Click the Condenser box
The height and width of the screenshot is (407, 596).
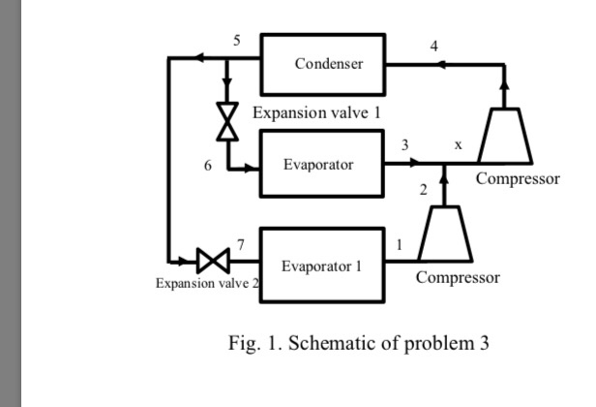[323, 64]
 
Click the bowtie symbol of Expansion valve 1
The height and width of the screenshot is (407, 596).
[228, 121]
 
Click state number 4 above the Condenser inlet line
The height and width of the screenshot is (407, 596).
[433, 46]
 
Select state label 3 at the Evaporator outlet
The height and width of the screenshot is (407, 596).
[405, 144]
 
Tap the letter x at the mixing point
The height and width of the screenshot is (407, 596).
[458, 144]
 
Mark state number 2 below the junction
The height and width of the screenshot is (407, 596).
[423, 189]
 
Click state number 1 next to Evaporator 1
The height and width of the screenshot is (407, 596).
[399, 243]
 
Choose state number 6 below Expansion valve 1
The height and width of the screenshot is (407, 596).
[207, 165]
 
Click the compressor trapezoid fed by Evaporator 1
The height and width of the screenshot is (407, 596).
[444, 235]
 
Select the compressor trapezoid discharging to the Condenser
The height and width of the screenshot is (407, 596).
[504, 137]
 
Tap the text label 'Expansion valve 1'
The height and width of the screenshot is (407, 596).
[316, 112]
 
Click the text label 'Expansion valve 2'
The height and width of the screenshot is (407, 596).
[208, 284]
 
